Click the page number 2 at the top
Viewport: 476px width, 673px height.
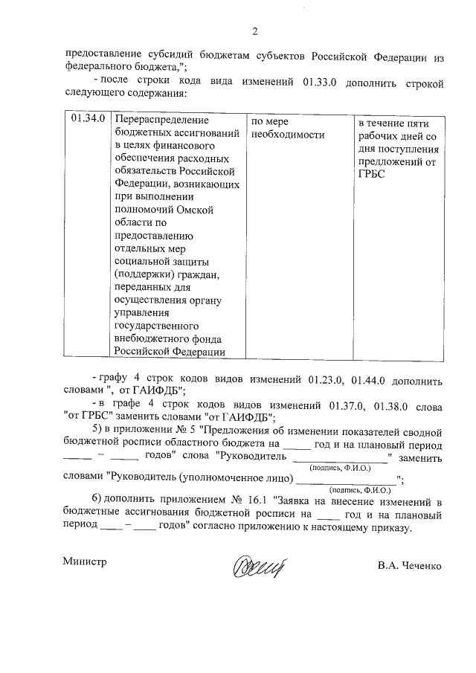click(x=254, y=30)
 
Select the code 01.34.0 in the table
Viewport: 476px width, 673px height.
click(x=85, y=120)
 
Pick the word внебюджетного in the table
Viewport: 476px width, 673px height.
click(x=154, y=339)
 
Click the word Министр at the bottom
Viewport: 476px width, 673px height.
click(x=86, y=562)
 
